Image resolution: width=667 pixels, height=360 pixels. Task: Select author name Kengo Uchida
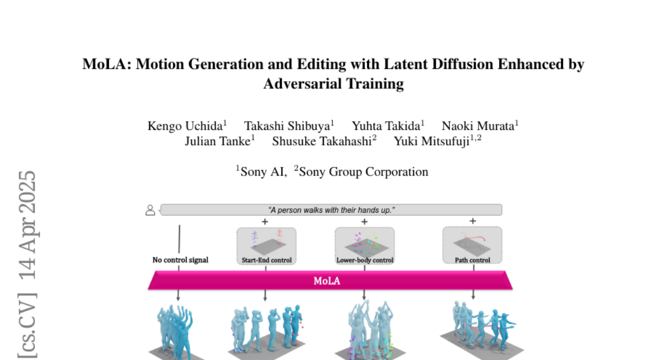[x=185, y=126]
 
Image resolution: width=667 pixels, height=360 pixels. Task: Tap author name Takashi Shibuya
[x=287, y=126]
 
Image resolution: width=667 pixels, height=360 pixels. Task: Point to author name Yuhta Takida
[x=386, y=126]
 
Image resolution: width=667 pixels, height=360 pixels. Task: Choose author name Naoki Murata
[x=478, y=126]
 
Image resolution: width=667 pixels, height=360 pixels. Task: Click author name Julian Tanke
[x=218, y=141]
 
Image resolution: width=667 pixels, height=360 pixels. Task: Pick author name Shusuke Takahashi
[x=322, y=141]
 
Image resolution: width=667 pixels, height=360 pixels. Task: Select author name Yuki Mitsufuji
[x=432, y=141]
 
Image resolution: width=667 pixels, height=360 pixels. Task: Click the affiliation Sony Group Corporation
[x=364, y=172]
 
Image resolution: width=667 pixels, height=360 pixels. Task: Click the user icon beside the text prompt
[x=150, y=210]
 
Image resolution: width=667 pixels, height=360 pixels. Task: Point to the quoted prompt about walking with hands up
[x=331, y=210]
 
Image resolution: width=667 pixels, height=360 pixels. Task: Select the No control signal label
[x=181, y=260]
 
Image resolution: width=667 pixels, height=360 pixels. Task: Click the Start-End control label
[x=266, y=261]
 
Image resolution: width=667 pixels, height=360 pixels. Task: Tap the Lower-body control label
[x=365, y=261]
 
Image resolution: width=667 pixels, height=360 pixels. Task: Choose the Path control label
[x=472, y=261]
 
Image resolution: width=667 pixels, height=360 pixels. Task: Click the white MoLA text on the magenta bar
[x=327, y=281]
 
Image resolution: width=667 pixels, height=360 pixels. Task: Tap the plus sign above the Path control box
[x=472, y=221]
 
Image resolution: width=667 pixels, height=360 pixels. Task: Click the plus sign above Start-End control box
[x=265, y=222]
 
